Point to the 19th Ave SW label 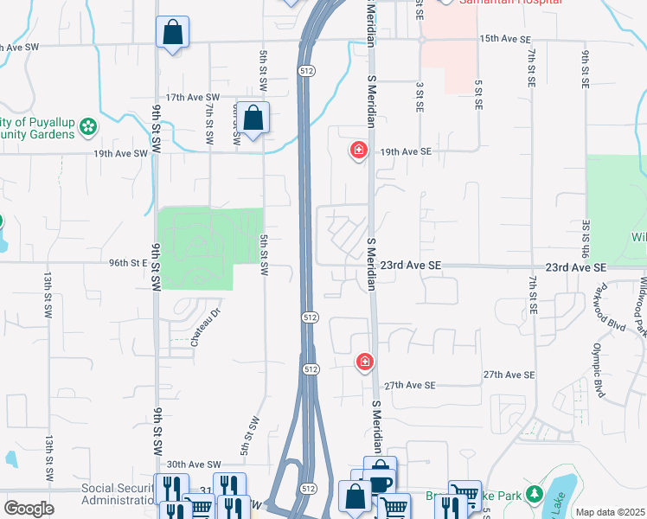click(121, 153)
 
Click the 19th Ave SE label click(406, 151)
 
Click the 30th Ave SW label click(194, 465)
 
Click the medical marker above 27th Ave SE click(365, 361)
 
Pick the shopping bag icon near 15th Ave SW click(172, 34)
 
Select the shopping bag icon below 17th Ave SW click(253, 119)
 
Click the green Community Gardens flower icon click(87, 128)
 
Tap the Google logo click(29, 509)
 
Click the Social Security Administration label click(119, 494)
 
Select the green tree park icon click(535, 495)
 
